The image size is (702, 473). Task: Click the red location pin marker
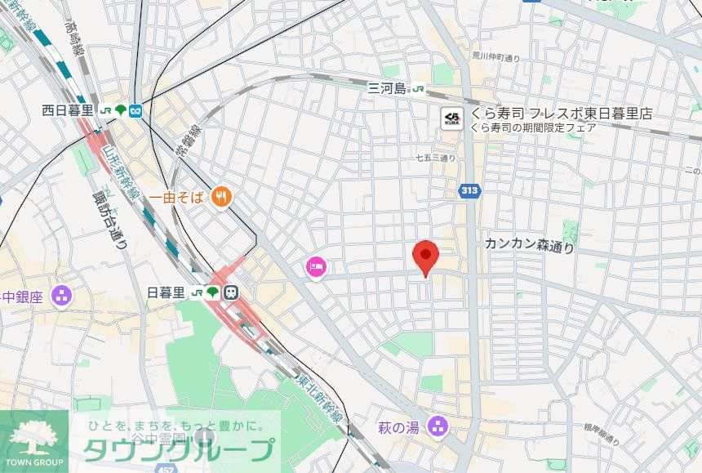click(x=424, y=257)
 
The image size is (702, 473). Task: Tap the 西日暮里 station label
click(x=69, y=110)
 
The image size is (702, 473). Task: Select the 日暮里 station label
click(x=167, y=292)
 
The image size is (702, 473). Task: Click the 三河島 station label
click(x=387, y=89)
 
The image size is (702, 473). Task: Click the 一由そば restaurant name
click(x=175, y=197)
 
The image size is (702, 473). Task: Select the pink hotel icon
click(x=316, y=266)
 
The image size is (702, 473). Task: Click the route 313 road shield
click(x=469, y=191)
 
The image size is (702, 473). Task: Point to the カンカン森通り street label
click(x=529, y=244)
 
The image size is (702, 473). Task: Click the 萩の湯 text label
click(x=399, y=426)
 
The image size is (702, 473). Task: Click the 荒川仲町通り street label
click(x=495, y=58)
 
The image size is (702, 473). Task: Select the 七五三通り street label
click(x=435, y=158)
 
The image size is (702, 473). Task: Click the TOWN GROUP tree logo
click(x=33, y=438)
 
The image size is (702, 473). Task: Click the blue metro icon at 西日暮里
click(x=136, y=110)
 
